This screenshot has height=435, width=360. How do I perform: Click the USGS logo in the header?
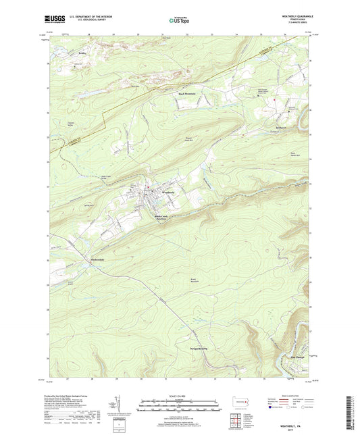[x=52, y=18]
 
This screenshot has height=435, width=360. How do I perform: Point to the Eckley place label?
[x=63, y=52]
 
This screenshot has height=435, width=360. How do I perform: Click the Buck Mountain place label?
[x=187, y=94]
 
